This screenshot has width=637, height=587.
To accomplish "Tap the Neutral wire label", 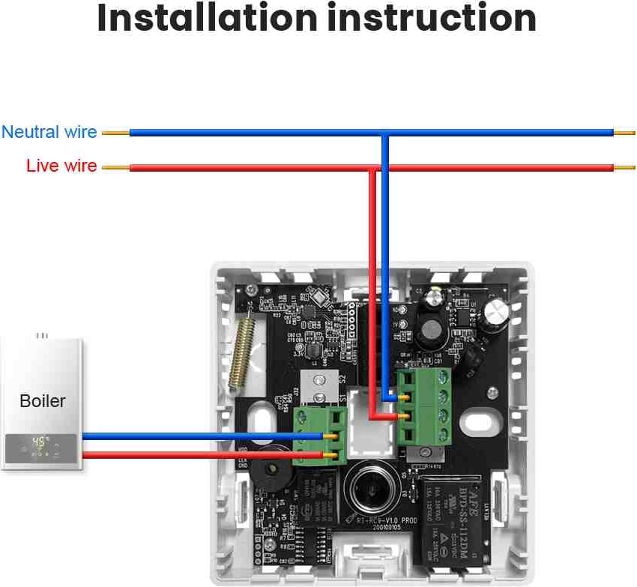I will [x=49, y=133].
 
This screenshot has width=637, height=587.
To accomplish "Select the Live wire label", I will [x=61, y=166].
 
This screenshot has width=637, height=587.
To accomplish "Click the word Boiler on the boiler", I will [x=42, y=401].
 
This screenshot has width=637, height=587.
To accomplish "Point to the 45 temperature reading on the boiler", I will [x=39, y=442].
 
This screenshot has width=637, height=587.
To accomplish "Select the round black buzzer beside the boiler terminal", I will [x=266, y=474].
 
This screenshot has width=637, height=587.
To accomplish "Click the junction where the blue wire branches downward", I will [x=384, y=133].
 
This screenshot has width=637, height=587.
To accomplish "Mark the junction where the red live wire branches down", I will [x=372, y=168].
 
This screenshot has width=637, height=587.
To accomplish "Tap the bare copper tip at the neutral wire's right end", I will [x=624, y=133].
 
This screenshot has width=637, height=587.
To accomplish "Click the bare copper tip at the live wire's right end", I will [x=624, y=167].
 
